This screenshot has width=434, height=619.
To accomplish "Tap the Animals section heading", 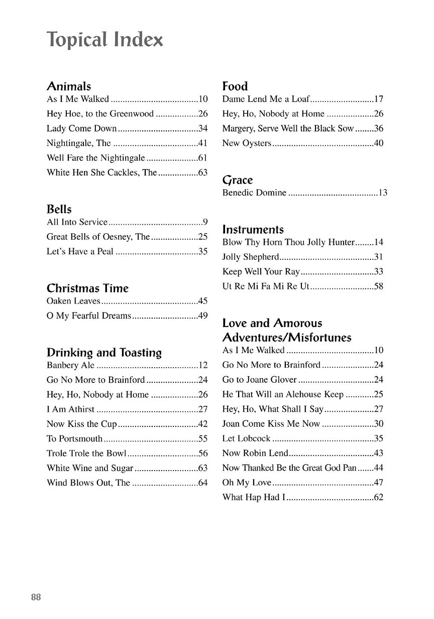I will click(69, 86).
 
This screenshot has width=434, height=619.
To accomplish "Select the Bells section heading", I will click(59, 209).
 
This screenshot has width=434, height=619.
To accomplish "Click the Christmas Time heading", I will click(87, 288).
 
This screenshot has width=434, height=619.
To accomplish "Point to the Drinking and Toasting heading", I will click(104, 353).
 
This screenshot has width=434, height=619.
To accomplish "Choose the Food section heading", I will click(235, 86).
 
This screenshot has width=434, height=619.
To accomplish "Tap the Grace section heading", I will click(238, 180).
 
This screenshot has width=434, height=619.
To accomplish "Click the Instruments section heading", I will click(253, 230).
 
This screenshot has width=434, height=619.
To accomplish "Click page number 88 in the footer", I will click(36, 597).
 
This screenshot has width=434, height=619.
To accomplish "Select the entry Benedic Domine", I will click(254, 193).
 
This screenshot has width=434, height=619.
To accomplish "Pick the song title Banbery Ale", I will click(70, 366).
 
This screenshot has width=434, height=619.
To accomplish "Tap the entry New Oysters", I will click(247, 143).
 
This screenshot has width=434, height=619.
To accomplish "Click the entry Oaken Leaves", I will click(73, 301).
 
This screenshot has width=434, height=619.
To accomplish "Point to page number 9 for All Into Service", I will click(205, 222).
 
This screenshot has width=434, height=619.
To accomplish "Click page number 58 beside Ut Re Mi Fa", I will click(379, 287).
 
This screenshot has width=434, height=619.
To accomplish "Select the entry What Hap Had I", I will click(254, 498).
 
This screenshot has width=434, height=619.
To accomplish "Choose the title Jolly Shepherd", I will click(251, 257).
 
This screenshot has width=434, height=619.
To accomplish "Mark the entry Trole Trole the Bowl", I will click(86, 453).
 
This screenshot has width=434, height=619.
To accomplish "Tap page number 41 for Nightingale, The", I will click(203, 143).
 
